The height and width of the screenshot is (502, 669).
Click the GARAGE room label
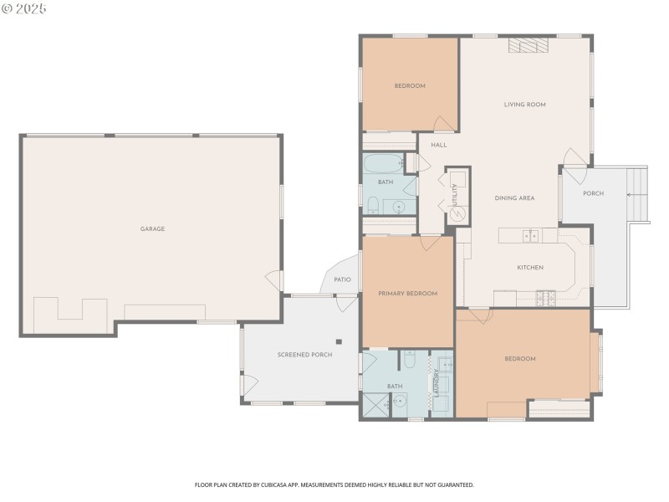[x=152, y=229]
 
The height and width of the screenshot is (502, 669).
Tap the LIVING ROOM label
[x=524, y=105]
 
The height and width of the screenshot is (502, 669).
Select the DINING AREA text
[x=514, y=198]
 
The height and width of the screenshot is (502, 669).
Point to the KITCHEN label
[x=530, y=268]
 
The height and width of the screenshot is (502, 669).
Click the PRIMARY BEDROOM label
[x=407, y=294]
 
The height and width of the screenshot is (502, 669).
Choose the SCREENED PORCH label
[x=304, y=355]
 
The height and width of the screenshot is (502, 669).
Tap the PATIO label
[x=342, y=280]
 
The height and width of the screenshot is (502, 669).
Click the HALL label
[x=439, y=145]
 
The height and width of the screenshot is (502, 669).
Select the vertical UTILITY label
[x=455, y=194]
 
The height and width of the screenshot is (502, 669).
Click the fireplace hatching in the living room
[x=529, y=46]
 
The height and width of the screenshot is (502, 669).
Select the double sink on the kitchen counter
[x=530, y=235]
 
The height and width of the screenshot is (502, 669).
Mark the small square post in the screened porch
[x=339, y=341]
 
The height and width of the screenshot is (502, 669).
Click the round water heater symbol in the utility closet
[x=457, y=213]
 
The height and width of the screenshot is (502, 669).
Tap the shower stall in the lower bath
[x=374, y=405]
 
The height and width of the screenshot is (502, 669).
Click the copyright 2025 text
[x=24, y=8]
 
